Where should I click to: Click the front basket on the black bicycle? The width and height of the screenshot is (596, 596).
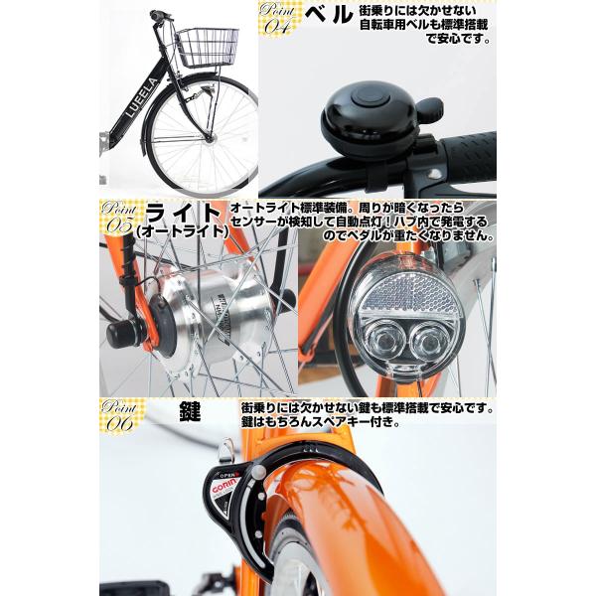pyautogui.click(x=207, y=46)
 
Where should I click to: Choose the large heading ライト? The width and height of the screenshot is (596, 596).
pyautogui.click(x=185, y=211)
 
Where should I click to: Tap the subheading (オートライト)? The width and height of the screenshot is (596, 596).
pyautogui.click(x=183, y=231)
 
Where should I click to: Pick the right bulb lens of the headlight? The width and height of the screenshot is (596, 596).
pyautogui.click(x=429, y=343)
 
